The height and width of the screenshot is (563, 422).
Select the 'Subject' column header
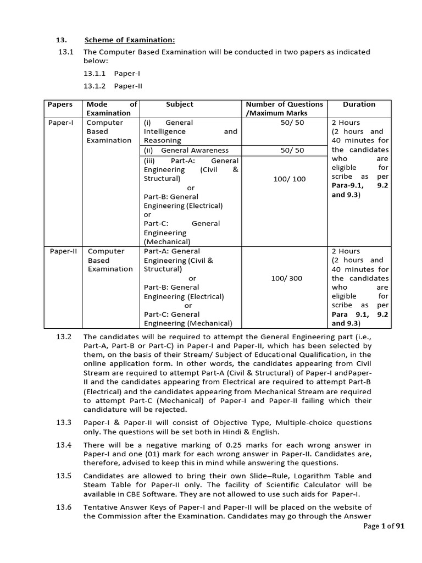click(179, 104)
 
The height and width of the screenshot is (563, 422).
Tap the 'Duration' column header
click(359, 104)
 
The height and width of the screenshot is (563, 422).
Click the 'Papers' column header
click(60, 104)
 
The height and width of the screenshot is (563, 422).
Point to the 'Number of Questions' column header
click(284, 104)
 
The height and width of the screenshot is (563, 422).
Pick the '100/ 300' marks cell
click(286, 278)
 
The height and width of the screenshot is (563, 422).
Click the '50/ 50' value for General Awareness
click(291, 150)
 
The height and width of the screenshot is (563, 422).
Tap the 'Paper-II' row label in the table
click(62, 251)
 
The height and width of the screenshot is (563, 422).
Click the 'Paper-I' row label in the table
click(60, 123)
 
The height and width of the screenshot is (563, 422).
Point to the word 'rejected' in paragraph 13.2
click(171, 410)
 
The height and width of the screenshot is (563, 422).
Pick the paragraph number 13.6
click(64, 507)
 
